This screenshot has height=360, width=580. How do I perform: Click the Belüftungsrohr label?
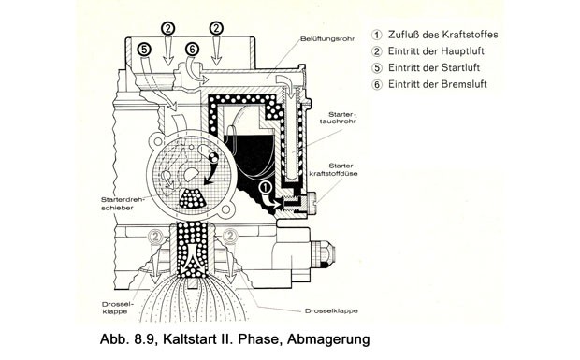pyautogui.click(x=327, y=38)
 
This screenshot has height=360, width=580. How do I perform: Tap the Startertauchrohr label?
pyautogui.click(x=338, y=118)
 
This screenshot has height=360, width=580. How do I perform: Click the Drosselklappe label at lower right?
pyautogui.click(x=331, y=310)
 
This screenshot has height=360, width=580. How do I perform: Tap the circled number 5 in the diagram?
pyautogui.click(x=144, y=50)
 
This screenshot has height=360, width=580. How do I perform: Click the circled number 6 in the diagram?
pyautogui.click(x=192, y=50)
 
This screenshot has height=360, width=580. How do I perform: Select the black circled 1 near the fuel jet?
pyautogui.click(x=266, y=187)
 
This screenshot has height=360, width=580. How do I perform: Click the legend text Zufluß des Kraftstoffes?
pyautogui.click(x=442, y=35)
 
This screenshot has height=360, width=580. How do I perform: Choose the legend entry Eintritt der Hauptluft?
pyautogui.click(x=436, y=51)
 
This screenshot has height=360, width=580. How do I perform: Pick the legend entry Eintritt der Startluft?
pyautogui.click(x=433, y=67)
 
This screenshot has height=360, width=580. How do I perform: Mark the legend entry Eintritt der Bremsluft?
pyautogui.click(x=437, y=84)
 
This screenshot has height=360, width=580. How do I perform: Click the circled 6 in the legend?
pyautogui.click(x=377, y=85)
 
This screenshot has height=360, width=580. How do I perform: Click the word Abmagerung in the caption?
pyautogui.click(x=328, y=339)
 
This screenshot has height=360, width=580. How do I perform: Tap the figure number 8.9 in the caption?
pyautogui.click(x=145, y=339)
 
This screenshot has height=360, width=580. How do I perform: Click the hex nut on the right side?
pyautogui.click(x=325, y=254)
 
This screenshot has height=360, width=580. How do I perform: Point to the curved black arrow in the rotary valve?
pyautogui.click(x=212, y=170)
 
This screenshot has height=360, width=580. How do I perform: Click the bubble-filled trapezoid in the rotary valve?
pyautogui.click(x=193, y=198)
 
